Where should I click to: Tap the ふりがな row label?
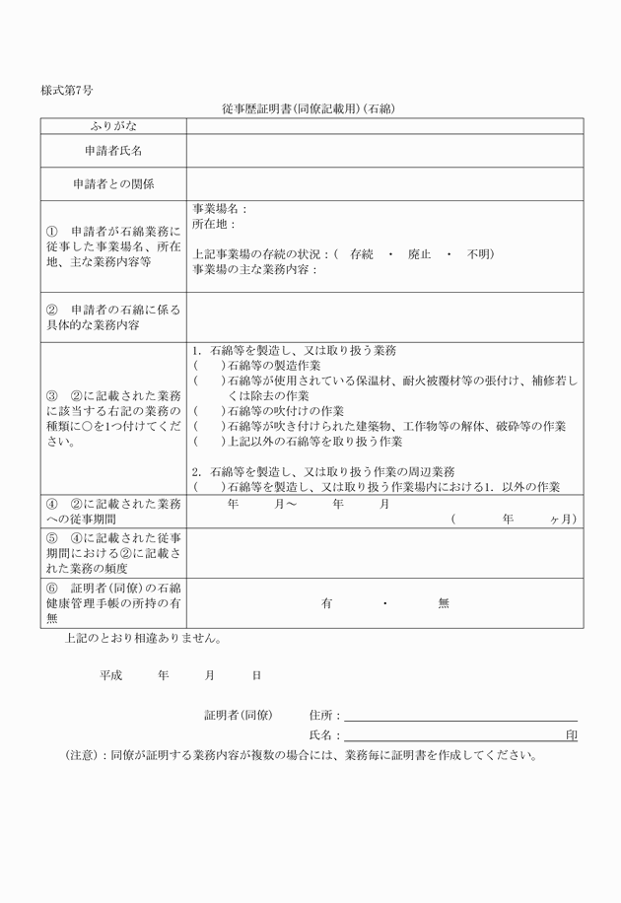[x=113, y=126]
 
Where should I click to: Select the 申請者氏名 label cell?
[x=113, y=151]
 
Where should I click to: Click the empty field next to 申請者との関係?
[x=384, y=183]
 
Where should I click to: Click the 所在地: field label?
[x=214, y=225]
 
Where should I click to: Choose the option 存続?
[x=362, y=254]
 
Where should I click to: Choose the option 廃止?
[x=420, y=254]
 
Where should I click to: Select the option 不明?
[x=480, y=254]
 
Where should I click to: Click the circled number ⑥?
[x=53, y=588]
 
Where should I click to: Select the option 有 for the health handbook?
[x=326, y=603]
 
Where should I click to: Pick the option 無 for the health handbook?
[x=444, y=603]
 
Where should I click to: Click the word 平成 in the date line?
[x=109, y=676]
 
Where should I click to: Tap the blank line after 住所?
[x=460, y=715]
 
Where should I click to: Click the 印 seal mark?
[x=572, y=735]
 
